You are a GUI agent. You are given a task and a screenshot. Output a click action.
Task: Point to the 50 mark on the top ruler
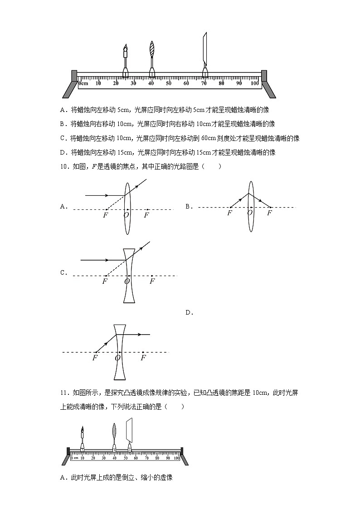tap(169, 83)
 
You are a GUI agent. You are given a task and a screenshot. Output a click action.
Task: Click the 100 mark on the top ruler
tap(255, 83)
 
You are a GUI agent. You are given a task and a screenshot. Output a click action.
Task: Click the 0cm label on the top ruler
tap(83, 83)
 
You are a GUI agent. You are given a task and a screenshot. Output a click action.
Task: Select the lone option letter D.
tap(189, 312)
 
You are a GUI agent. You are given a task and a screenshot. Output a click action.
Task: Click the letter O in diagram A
tap(126, 215)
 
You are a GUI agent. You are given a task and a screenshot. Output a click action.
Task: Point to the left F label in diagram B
tap(229, 213)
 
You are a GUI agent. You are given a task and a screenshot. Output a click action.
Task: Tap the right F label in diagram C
tap(152, 281)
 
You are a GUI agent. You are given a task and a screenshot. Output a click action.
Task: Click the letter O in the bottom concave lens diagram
tap(117, 358)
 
